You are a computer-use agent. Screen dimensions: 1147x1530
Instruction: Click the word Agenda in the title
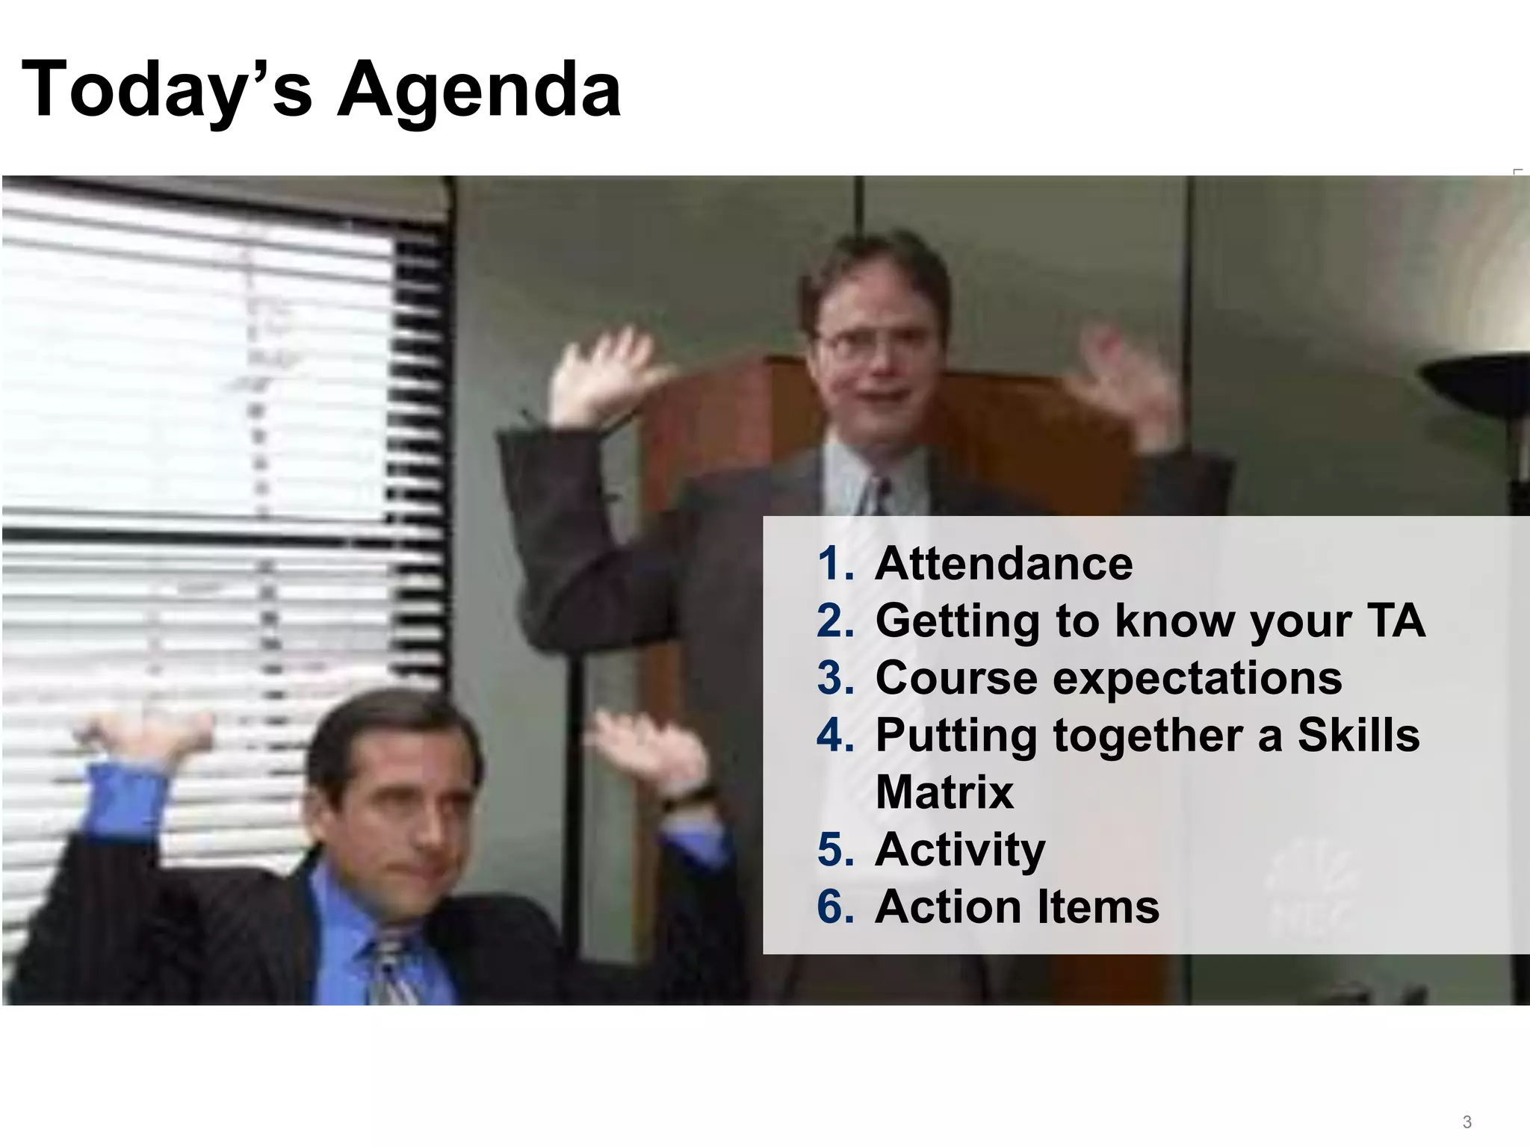pyautogui.click(x=479, y=91)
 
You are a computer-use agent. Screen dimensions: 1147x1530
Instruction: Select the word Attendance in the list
pyautogui.click(x=1003, y=564)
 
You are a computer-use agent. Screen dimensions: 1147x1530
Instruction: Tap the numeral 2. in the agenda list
pyautogui.click(x=835, y=621)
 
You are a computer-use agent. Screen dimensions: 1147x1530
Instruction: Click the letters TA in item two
pyautogui.click(x=1396, y=621)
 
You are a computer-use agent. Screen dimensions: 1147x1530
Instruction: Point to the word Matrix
pyautogui.click(x=944, y=792)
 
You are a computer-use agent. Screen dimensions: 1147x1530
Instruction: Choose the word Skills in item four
pyautogui.click(x=1358, y=736)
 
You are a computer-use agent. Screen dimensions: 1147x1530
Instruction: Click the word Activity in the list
pyautogui.click(x=960, y=851)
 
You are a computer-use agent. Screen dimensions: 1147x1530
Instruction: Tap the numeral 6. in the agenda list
pyautogui.click(x=835, y=907)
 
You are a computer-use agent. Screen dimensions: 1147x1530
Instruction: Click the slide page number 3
pyautogui.click(x=1466, y=1122)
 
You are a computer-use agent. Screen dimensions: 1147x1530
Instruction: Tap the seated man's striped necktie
pyautogui.click(x=390, y=971)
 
